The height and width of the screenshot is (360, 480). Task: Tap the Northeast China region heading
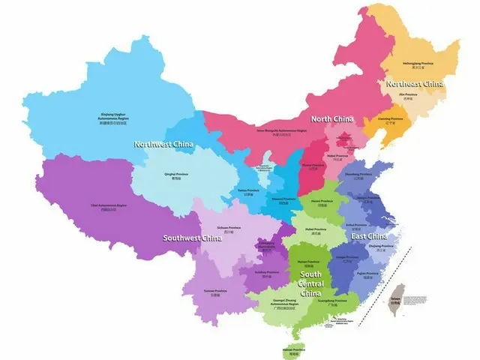tap(414, 83)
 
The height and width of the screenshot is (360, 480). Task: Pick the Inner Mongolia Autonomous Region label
tap(282, 132)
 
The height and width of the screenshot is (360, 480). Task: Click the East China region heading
tap(369, 236)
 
